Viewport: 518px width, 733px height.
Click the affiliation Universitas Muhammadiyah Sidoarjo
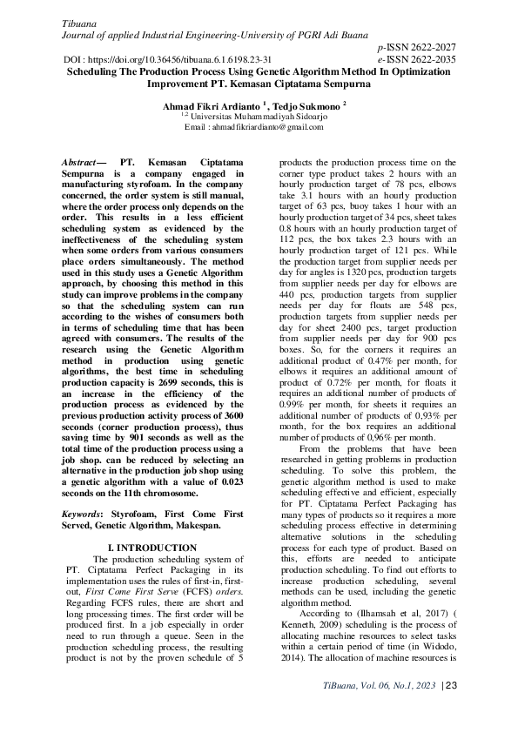tap(264, 116)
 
